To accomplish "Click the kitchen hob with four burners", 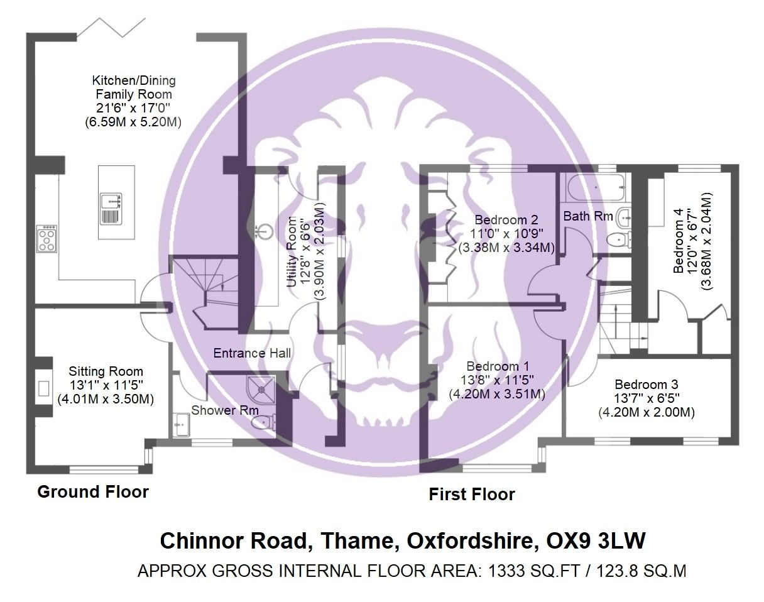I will tap(47, 238).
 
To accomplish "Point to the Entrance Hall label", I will tap(252, 353).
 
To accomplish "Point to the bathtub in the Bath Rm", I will tap(592, 186).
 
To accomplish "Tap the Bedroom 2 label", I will tap(506, 220).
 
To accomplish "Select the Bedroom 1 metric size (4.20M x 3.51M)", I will tap(496, 394).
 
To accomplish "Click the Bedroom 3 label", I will tap(646, 385).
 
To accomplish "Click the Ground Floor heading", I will tap(93, 491).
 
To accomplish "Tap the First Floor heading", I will tap(471, 495).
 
